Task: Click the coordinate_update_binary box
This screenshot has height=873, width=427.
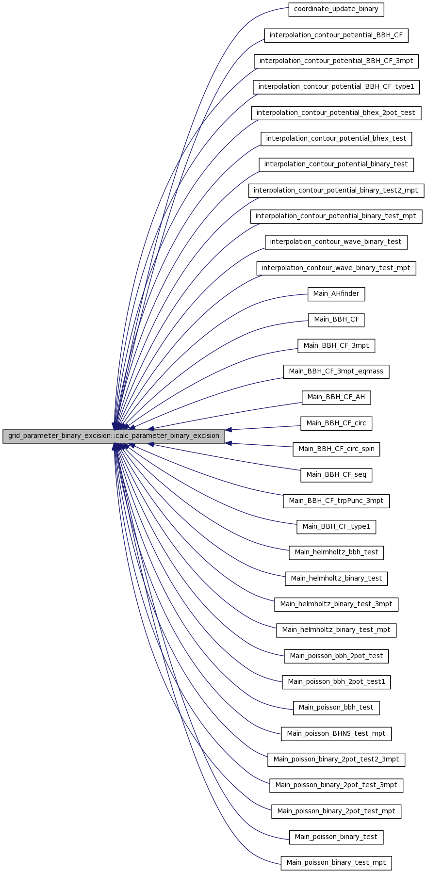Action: (336, 9)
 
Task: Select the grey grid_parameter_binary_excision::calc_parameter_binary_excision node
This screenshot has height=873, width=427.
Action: (114, 436)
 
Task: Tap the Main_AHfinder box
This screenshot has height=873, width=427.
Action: (336, 293)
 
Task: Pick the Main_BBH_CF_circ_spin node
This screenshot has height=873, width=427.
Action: (336, 449)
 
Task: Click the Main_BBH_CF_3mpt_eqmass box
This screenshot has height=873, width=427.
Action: (336, 371)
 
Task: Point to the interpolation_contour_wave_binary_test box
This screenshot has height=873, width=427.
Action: (336, 242)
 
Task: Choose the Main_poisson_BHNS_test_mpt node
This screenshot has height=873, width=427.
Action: (336, 733)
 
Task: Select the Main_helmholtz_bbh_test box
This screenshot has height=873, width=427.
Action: (336, 552)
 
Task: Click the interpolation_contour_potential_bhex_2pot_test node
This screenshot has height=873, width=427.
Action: (336, 113)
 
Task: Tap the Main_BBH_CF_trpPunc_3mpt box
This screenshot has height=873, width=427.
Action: (336, 501)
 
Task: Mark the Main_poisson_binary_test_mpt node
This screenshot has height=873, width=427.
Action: (336, 862)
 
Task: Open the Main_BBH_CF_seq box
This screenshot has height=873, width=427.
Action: (336, 474)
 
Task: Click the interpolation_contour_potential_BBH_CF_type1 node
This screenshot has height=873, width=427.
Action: (336, 87)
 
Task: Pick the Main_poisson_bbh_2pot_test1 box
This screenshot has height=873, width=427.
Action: (336, 681)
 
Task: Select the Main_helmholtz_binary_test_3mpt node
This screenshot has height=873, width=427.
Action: (336, 604)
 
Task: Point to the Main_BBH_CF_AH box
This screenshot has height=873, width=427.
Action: (336, 397)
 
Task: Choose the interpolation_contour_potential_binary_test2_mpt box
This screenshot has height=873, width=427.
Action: (336, 190)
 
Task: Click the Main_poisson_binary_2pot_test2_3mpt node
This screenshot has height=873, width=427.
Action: (336, 759)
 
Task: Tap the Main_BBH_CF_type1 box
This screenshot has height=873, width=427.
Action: (336, 526)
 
